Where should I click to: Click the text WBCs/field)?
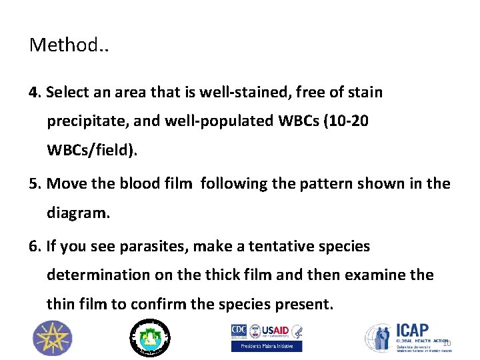(x=92, y=151)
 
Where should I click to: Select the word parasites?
(x=151, y=247)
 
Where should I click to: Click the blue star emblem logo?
(x=53, y=337)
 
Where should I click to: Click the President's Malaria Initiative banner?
(x=266, y=346)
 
